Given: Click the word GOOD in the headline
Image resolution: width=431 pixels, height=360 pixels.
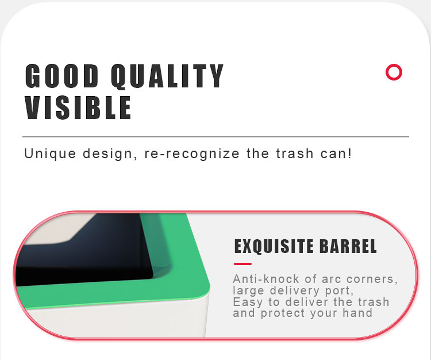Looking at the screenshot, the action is point(61,76).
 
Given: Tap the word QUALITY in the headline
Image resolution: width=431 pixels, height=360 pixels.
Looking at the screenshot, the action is point(167,76).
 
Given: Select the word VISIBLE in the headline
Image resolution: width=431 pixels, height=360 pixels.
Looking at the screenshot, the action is point(78,108).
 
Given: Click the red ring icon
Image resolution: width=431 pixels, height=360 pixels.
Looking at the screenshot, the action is point(394,72).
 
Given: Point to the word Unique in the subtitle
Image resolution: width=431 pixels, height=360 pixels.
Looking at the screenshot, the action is point(50,154).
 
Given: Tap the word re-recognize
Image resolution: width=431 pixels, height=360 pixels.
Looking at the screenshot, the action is point(192,154).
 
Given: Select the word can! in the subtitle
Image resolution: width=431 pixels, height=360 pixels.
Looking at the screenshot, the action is point(336,154).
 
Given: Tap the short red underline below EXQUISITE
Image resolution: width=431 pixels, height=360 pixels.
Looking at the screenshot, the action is point(243,264).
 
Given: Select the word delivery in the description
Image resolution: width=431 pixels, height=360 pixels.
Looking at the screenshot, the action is point(294,290).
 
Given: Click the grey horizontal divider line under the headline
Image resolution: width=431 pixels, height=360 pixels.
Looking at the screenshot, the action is point(215,136).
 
